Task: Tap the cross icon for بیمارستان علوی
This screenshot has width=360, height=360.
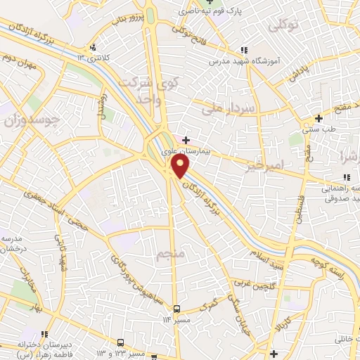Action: coord(186,140)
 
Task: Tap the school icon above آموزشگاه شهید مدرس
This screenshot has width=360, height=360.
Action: coord(244,51)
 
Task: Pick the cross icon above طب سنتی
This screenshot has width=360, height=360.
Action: coord(319,117)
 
